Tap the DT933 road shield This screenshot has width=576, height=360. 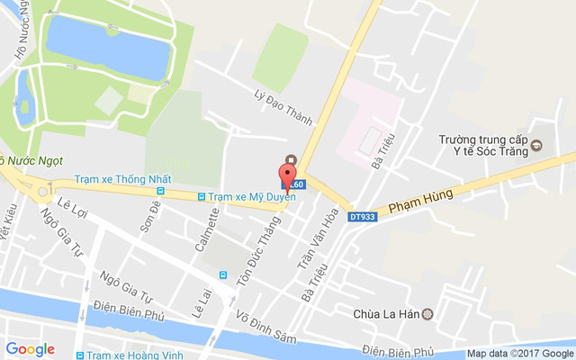362,217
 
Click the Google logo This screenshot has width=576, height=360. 31,349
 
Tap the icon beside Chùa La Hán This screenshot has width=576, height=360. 427,314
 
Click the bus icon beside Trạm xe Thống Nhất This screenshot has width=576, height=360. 161,191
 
